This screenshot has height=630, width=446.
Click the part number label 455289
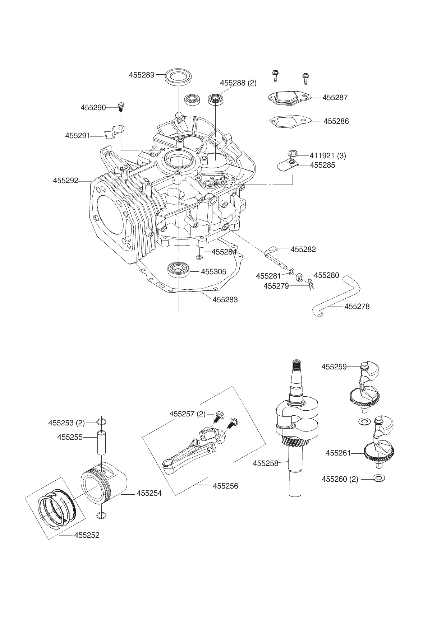(x=142, y=75)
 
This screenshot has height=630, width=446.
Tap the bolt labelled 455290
(x=121, y=107)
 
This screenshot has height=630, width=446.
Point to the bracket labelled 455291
(x=113, y=132)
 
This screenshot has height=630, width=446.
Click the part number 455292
(x=65, y=181)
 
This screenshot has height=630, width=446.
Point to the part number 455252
(x=87, y=535)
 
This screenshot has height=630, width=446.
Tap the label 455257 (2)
(x=187, y=414)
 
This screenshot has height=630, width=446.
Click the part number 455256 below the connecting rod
(x=225, y=486)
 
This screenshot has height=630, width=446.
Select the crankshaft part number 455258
(x=266, y=463)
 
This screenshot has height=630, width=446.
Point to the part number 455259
(x=334, y=367)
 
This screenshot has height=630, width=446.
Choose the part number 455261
(x=338, y=453)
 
